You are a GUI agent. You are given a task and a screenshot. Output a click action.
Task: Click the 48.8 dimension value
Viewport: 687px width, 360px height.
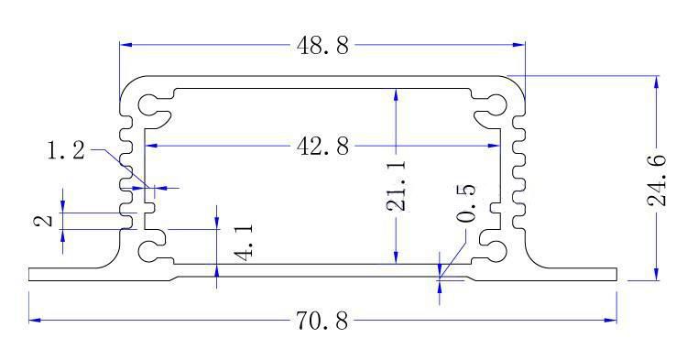322,46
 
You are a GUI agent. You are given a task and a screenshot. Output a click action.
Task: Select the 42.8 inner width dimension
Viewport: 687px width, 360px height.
322,146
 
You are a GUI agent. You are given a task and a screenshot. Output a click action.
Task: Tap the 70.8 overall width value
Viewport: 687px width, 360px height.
322,321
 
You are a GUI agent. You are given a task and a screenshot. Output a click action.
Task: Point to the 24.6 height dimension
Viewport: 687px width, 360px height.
657,180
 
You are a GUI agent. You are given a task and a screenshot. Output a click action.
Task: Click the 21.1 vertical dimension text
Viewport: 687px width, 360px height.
397,186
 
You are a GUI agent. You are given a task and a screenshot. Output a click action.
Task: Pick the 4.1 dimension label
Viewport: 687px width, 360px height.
243,242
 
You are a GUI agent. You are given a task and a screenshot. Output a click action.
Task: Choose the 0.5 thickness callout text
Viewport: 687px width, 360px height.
465,203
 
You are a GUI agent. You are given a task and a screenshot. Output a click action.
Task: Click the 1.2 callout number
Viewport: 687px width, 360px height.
66,151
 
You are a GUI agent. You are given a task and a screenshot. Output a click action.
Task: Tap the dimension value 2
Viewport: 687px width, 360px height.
44,220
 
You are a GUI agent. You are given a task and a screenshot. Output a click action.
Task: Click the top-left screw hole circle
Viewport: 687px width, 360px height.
147,104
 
